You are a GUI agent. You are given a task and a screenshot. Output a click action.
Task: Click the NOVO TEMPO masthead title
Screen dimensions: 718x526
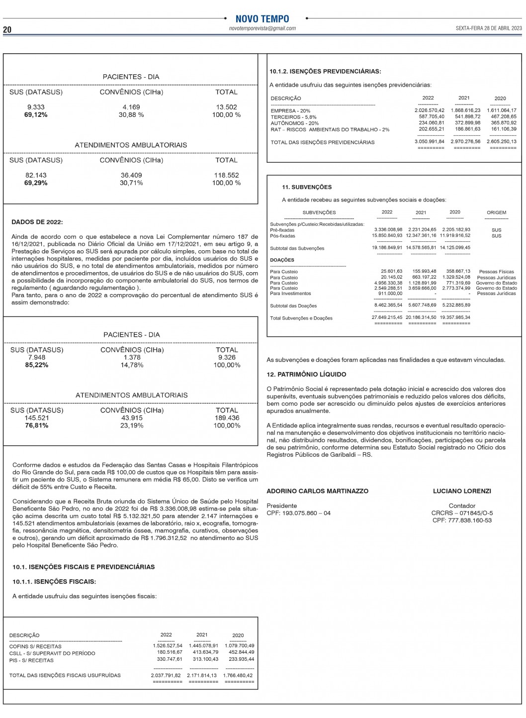pyautogui.click(x=262, y=19)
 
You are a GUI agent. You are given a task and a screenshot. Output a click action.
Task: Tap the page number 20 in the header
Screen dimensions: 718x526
pyautogui.click(x=7, y=29)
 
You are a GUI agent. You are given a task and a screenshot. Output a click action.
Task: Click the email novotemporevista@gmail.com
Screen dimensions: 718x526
pyautogui.click(x=262, y=28)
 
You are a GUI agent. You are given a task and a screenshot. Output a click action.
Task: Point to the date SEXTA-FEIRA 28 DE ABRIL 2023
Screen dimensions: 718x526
pyautogui.click(x=488, y=28)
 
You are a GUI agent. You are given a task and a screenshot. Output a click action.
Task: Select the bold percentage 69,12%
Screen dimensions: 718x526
pyautogui.click(x=36, y=115)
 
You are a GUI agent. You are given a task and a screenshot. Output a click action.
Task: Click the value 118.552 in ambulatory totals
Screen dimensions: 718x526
pyautogui.click(x=227, y=175)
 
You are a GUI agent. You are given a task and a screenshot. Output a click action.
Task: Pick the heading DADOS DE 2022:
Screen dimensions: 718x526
pyautogui.click(x=37, y=222)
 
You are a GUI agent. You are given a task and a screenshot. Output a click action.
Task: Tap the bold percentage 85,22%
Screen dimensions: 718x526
pyautogui.click(x=37, y=365)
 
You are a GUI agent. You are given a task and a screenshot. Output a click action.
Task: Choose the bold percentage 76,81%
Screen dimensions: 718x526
pyautogui.click(x=37, y=426)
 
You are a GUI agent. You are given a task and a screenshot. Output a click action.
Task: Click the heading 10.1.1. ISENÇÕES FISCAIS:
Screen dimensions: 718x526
pyautogui.click(x=54, y=582)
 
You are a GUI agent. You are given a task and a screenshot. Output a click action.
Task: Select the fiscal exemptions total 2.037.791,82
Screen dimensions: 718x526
pyautogui.click(x=166, y=676)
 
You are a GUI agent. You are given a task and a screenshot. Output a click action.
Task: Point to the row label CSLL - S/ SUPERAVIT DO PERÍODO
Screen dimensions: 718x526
pyautogui.click(x=52, y=653)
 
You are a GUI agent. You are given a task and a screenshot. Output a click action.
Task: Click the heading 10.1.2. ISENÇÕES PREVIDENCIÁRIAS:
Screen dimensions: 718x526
pyautogui.click(x=325, y=72)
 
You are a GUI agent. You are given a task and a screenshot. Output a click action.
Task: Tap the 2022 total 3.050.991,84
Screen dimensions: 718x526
pyautogui.click(x=430, y=142)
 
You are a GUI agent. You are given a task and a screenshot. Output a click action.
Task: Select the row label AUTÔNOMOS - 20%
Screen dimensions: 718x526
pyautogui.click(x=295, y=123)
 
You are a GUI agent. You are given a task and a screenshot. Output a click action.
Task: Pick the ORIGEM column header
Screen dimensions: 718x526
pyautogui.click(x=496, y=212)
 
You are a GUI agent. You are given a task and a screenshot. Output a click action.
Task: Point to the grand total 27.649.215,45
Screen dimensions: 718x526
pyautogui.click(x=387, y=317)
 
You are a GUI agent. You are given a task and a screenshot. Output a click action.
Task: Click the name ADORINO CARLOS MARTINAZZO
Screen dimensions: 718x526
pyautogui.click(x=318, y=491)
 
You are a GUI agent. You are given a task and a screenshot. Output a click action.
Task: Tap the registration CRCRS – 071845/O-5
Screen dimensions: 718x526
pyautogui.click(x=462, y=513)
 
